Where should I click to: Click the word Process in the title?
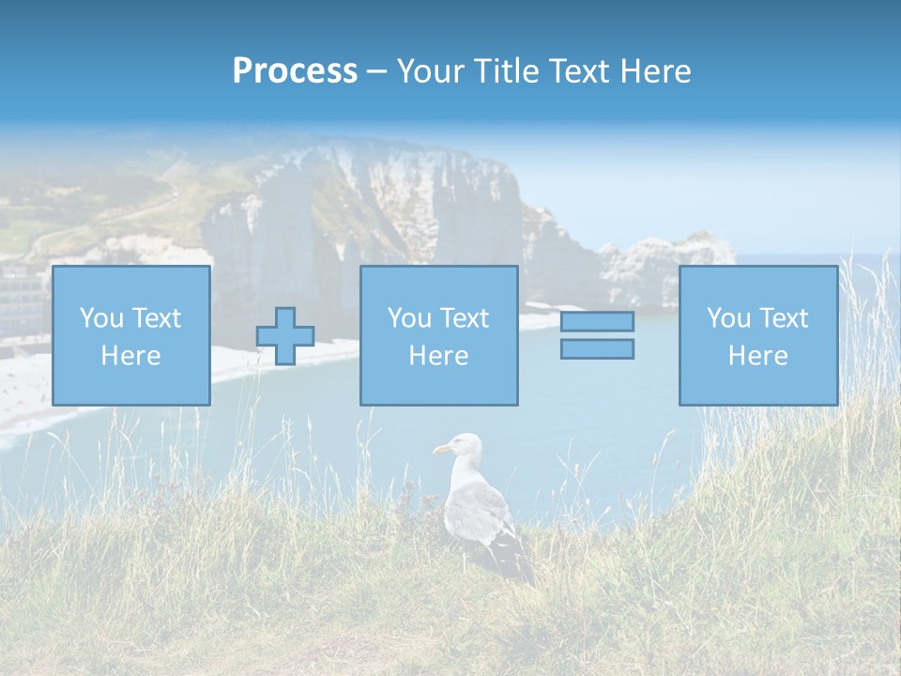pyautogui.click(x=295, y=71)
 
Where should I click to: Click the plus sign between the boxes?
pyautogui.click(x=285, y=336)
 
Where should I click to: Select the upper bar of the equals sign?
pyautogui.click(x=597, y=321)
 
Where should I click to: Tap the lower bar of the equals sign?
pyautogui.click(x=597, y=348)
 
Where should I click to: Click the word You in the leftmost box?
pyautogui.click(x=100, y=318)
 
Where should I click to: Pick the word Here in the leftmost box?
pyautogui.click(x=130, y=356)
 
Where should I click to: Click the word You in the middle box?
pyautogui.click(x=408, y=318)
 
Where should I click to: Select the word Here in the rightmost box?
pyautogui.click(x=757, y=356)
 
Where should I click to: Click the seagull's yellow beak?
pyautogui.click(x=439, y=451)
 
